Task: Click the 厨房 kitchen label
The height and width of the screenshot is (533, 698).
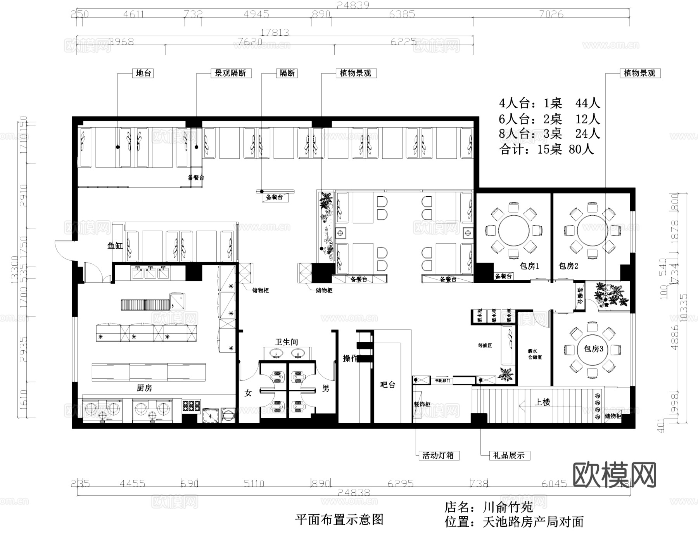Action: click(144, 388)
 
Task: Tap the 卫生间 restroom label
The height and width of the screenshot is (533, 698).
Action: click(287, 342)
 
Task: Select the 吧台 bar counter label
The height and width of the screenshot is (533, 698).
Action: click(387, 385)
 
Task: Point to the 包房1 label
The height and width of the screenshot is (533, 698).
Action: click(529, 266)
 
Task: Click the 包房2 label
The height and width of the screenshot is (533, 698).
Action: click(568, 266)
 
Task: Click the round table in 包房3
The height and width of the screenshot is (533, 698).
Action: click(592, 349)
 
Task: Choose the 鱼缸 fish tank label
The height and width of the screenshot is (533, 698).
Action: click(115, 246)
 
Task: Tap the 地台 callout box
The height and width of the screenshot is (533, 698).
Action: click(143, 73)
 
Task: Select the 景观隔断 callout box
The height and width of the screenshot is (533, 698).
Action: click(230, 73)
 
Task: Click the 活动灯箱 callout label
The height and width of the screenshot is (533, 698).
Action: click(438, 455)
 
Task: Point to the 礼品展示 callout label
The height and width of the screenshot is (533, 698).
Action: click(509, 455)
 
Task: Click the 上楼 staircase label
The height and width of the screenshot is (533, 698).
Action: click(542, 402)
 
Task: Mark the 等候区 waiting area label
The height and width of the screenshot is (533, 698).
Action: click(485, 345)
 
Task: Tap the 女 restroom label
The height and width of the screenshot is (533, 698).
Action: click(248, 393)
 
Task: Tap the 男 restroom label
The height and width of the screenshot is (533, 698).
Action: click(325, 389)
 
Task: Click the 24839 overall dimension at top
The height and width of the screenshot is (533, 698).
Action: click(353, 5)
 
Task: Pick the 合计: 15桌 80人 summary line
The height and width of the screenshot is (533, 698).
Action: click(547, 149)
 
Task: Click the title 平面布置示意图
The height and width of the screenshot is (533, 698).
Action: click(339, 520)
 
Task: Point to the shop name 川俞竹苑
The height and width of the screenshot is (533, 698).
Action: click(508, 507)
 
